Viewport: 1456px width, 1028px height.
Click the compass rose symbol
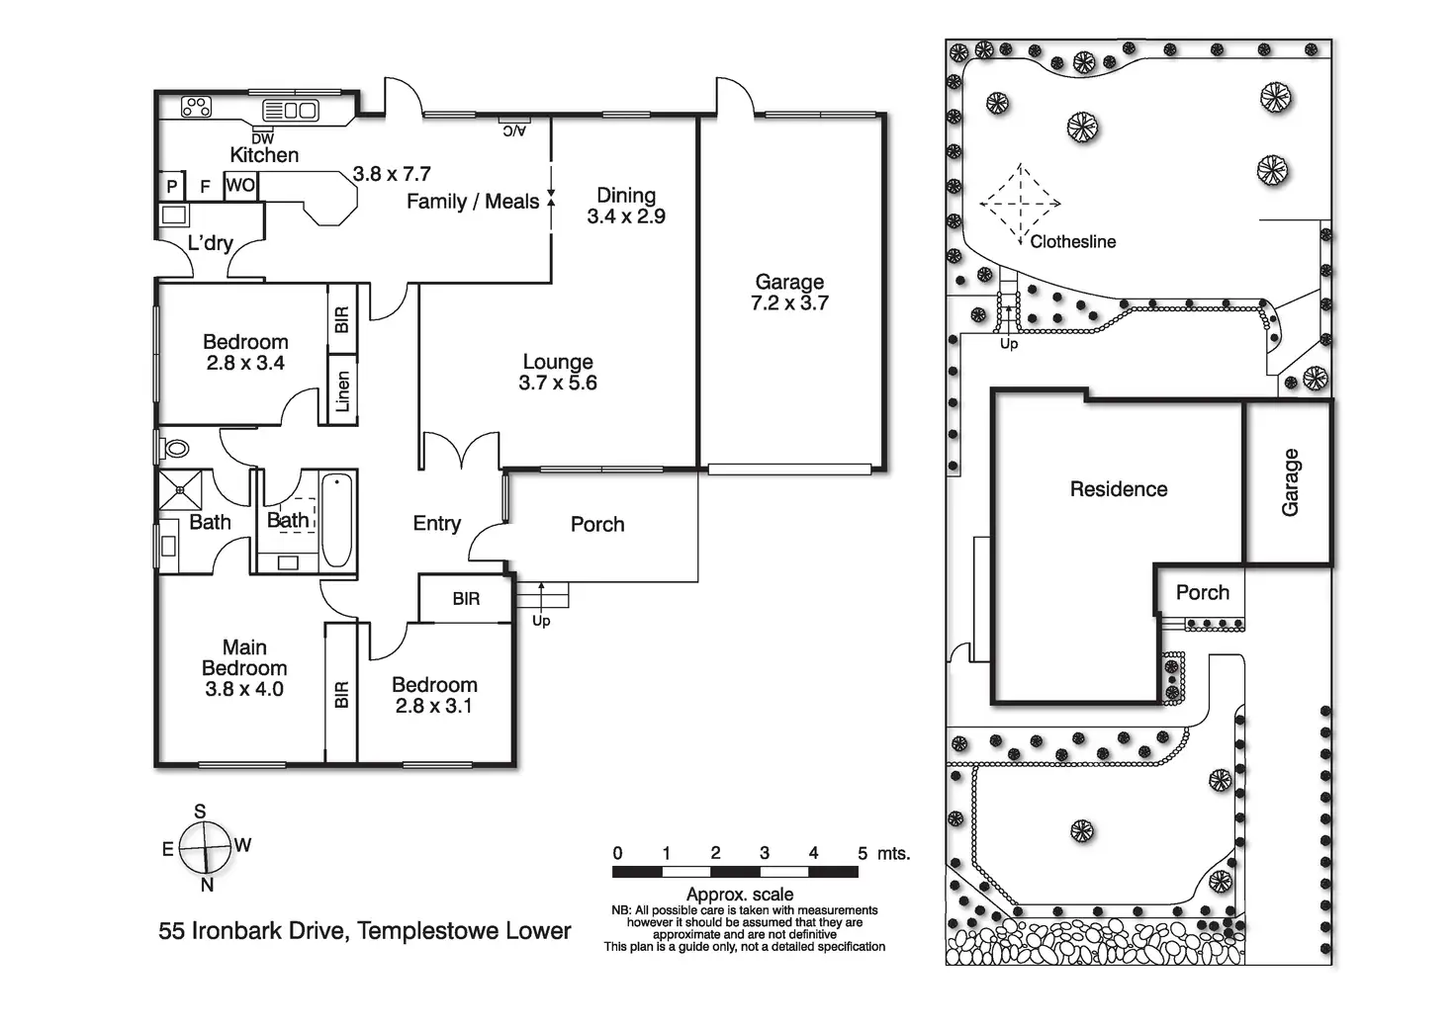[206, 847]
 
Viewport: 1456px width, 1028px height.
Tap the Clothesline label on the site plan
[1072, 241]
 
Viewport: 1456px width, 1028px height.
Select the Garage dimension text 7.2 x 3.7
[789, 303]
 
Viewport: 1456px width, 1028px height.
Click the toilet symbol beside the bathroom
[176, 448]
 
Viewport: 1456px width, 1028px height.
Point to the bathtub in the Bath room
[336, 521]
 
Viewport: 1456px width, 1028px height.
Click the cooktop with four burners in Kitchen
[196, 106]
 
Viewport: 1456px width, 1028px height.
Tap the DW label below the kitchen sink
[262, 139]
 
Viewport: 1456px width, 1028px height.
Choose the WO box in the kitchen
[240, 185]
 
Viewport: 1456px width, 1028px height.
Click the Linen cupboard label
[342, 391]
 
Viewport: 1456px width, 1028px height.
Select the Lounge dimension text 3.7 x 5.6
[558, 384]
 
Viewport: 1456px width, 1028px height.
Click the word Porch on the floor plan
[597, 525]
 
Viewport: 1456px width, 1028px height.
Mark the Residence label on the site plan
[1118, 489]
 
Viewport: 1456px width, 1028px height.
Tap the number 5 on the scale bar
[863, 853]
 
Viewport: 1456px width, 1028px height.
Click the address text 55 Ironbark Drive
[252, 931]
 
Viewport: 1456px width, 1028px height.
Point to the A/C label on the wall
[514, 129]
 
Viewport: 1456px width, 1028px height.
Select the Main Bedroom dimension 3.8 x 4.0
[244, 689]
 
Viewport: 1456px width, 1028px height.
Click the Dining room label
[625, 195]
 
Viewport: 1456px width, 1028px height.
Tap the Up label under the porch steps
[541, 621]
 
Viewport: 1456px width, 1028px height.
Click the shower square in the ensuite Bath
[180, 487]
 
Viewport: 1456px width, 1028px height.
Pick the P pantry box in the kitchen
[171, 186]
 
